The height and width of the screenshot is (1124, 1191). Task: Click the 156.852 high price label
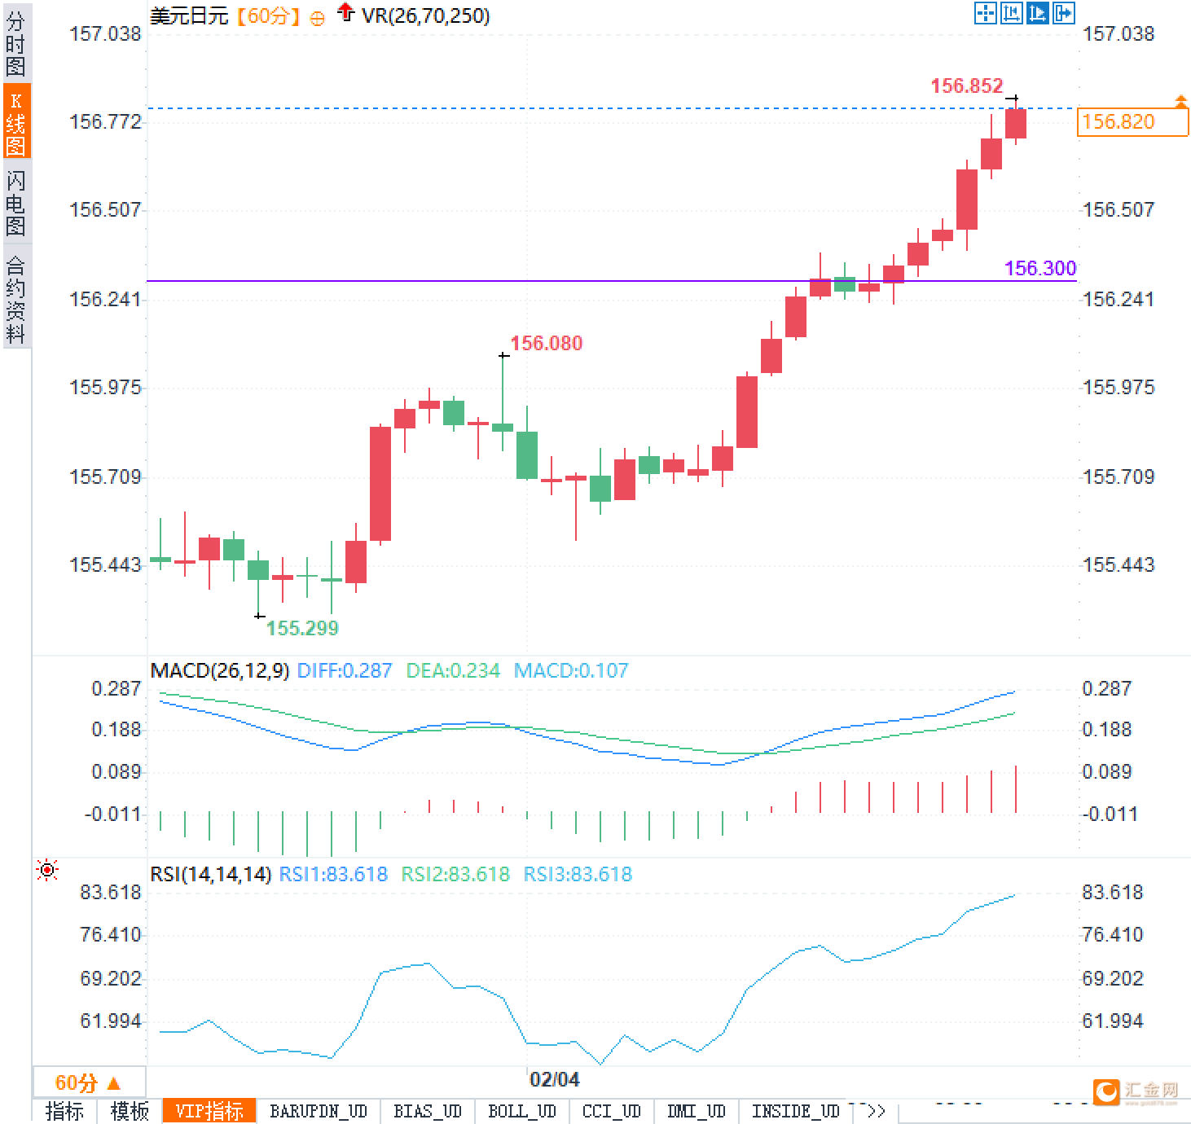pos(966,86)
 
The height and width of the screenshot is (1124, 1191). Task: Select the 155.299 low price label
pos(302,628)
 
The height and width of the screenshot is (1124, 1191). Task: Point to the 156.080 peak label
pos(546,343)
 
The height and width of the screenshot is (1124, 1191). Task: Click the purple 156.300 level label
pos(1039,268)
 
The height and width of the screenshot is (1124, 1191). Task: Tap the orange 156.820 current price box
pos(1132,122)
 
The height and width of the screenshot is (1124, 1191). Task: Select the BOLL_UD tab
pos(521,1111)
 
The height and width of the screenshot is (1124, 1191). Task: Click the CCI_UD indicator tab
pos(611,1111)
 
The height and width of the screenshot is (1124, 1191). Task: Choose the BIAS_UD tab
pos(427,1111)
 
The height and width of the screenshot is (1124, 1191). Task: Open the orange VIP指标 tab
pos(209,1111)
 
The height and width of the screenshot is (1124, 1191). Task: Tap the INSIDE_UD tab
pos(795,1111)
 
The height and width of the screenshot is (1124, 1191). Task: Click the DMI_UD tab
pos(696,1111)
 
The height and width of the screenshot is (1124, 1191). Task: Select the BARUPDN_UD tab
pos(319,1111)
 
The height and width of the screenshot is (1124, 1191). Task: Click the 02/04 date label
pos(554,1080)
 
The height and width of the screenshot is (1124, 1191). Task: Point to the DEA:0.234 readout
pos(453,670)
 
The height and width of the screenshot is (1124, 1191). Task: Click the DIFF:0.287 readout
pos(344,670)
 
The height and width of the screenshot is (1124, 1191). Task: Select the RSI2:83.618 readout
pos(455,874)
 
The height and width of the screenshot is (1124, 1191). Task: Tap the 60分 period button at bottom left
pos(87,1082)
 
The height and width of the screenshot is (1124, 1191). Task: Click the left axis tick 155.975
pos(105,388)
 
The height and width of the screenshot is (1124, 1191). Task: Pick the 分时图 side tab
pos(15,44)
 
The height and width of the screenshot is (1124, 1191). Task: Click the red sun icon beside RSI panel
pos(47,871)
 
